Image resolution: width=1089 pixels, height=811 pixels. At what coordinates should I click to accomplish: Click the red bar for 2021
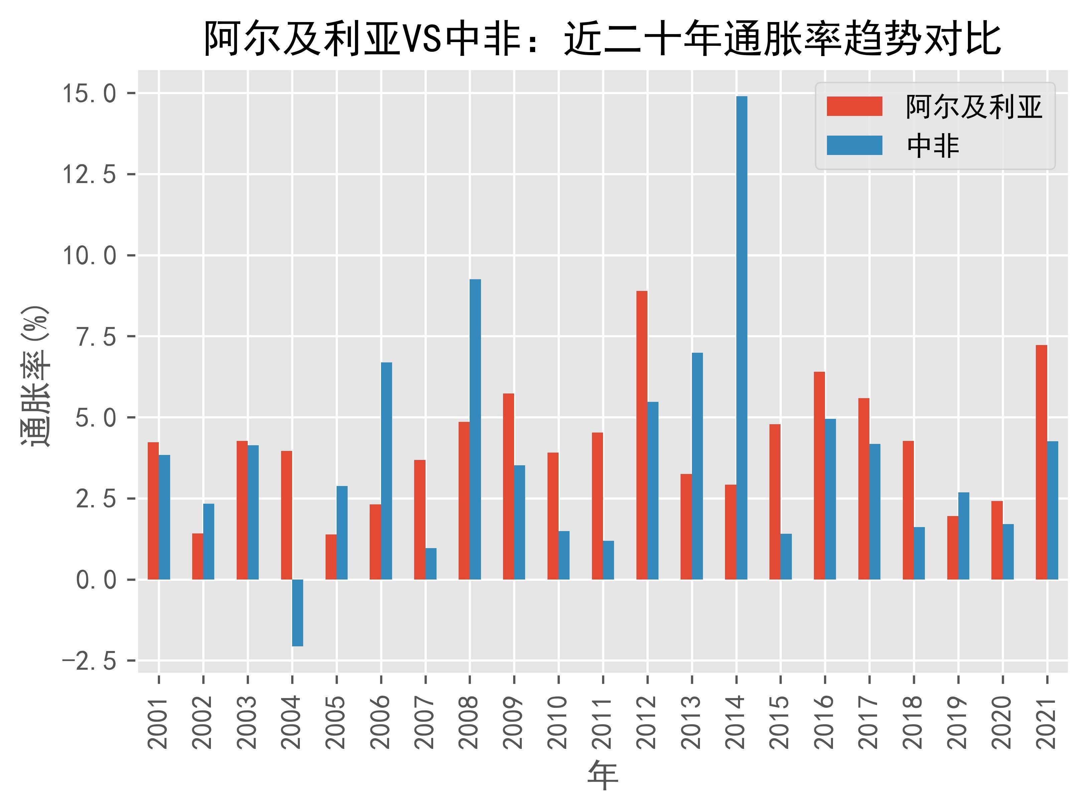pos(1041,462)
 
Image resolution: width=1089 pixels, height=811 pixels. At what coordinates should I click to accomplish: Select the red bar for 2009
pos(508,486)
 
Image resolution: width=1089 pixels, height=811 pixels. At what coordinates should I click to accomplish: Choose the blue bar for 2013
pos(697,466)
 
